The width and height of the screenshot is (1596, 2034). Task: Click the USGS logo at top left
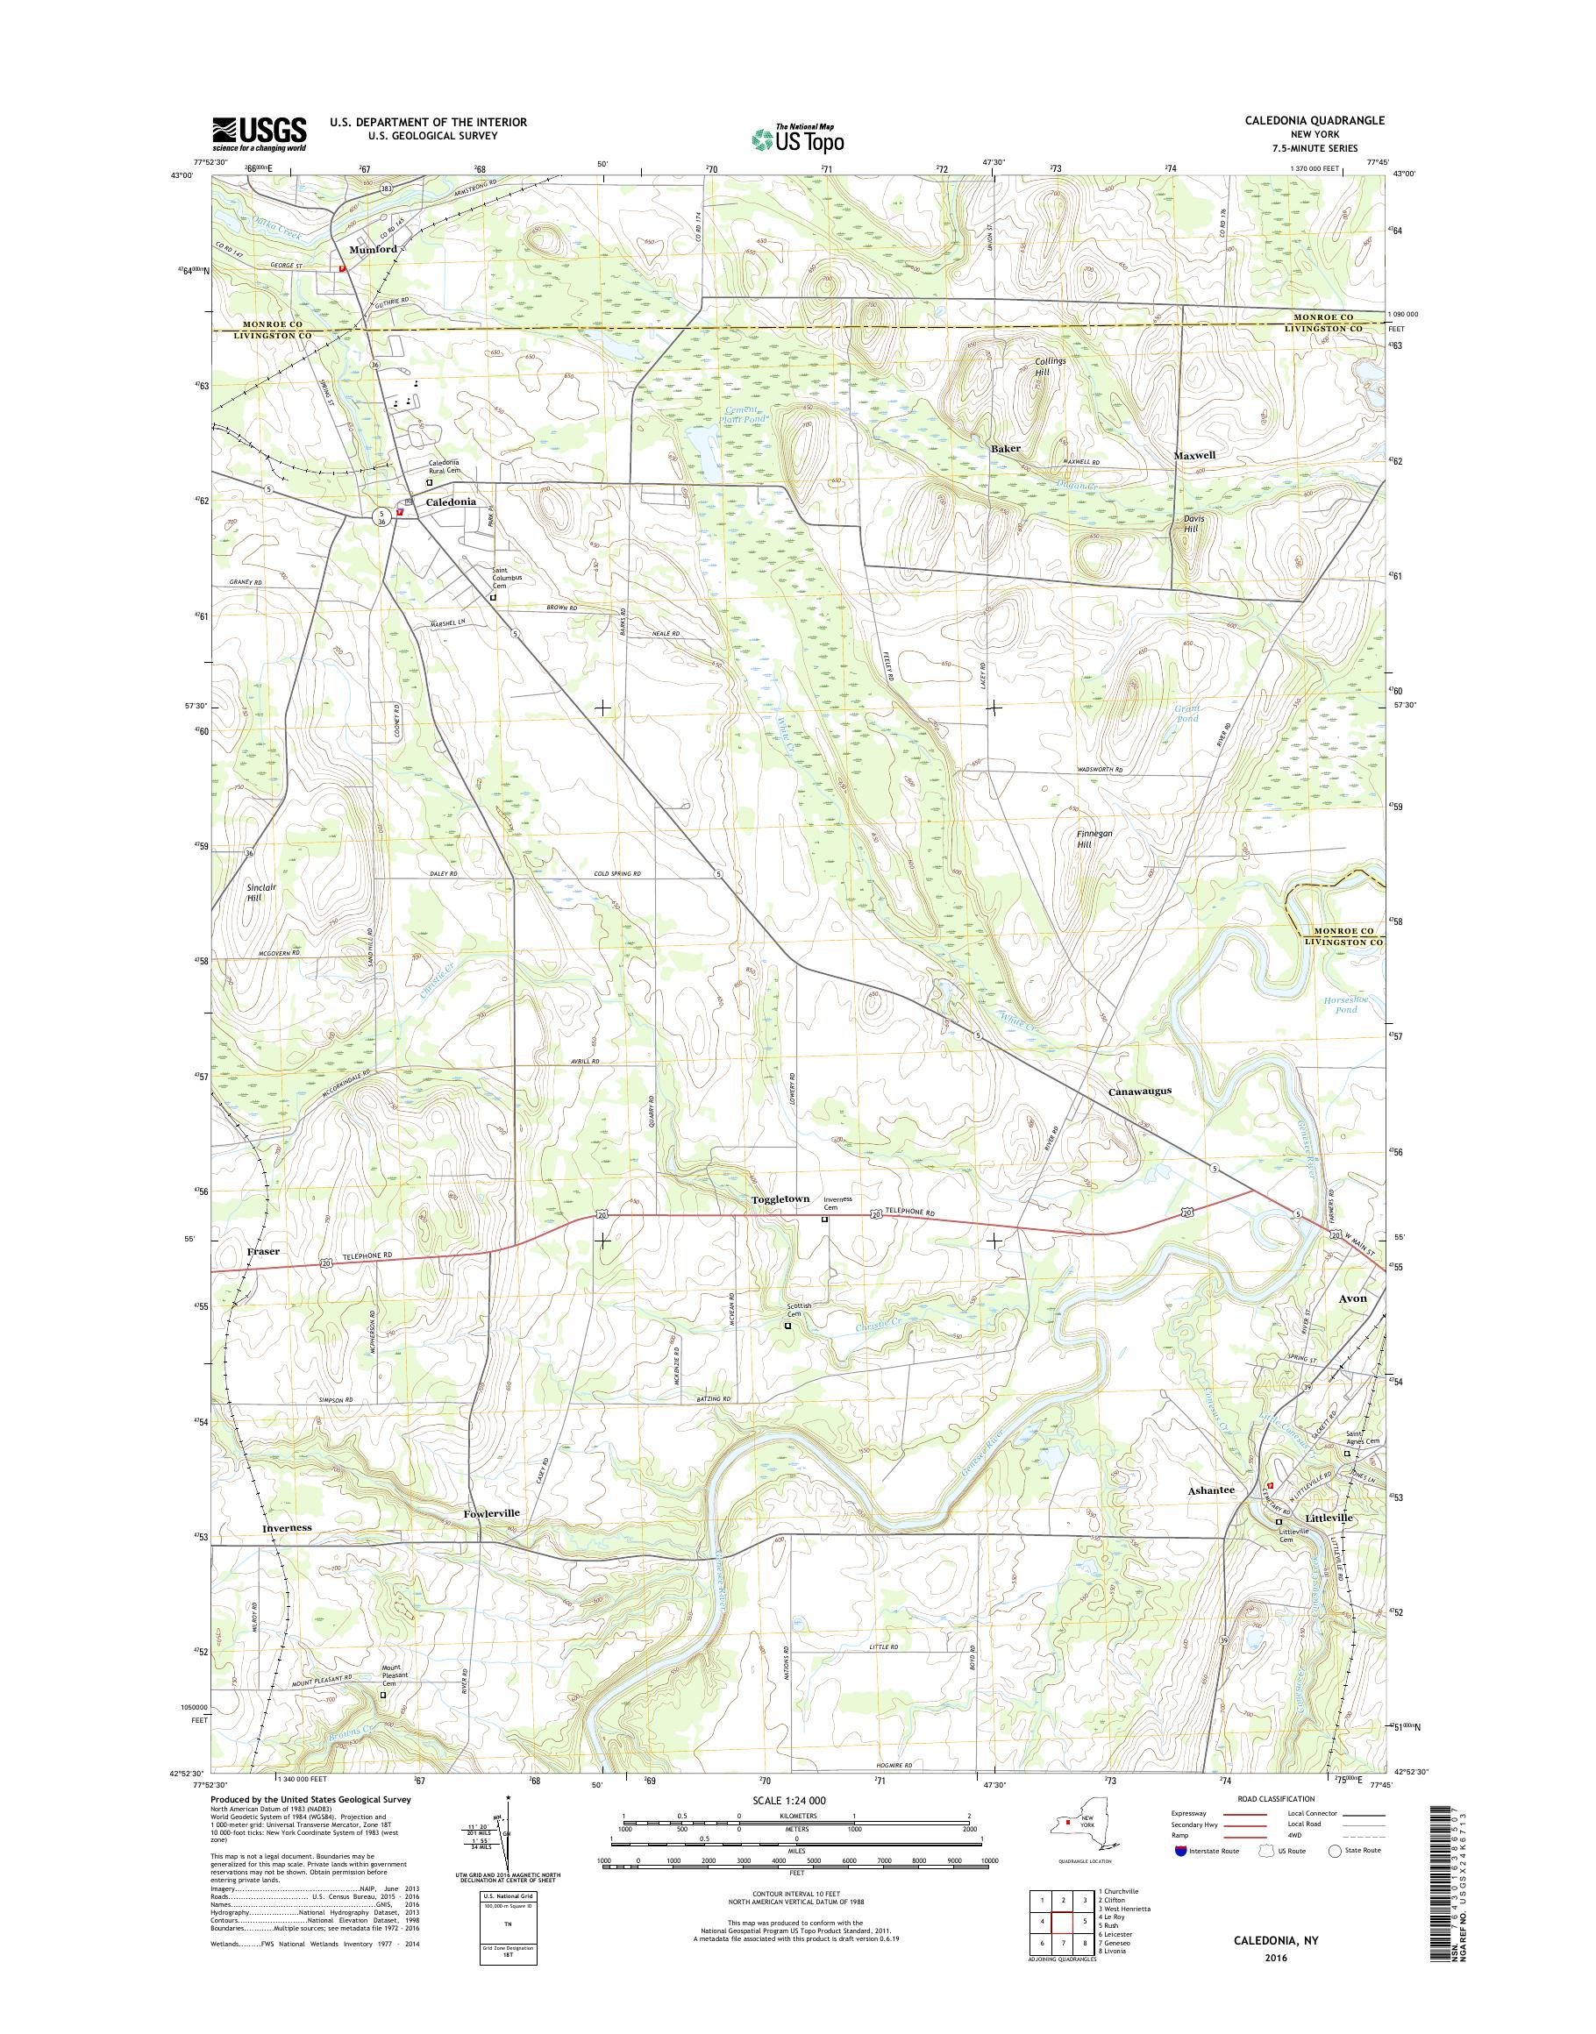259,133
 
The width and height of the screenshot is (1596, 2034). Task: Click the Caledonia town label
452,501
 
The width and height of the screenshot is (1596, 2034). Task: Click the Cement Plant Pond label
745,415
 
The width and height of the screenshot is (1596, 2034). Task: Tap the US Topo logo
798,139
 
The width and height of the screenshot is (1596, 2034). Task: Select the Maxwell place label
1194,455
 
